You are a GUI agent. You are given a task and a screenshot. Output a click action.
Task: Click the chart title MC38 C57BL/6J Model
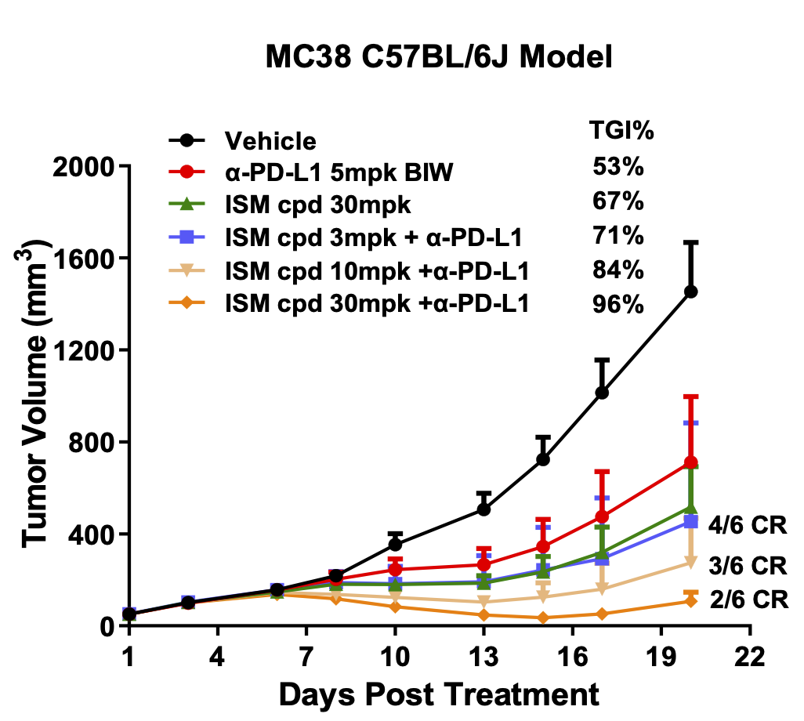[438, 57]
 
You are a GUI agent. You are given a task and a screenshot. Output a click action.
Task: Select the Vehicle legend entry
[270, 142]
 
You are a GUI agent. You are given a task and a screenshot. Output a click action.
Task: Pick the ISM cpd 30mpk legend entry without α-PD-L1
[318, 205]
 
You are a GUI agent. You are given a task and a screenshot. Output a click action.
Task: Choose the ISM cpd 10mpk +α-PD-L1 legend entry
[377, 270]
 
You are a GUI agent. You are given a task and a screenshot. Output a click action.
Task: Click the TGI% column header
[621, 131]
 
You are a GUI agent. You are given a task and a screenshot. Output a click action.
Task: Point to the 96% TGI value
[618, 303]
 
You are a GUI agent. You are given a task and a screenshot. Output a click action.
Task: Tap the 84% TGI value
[618, 270]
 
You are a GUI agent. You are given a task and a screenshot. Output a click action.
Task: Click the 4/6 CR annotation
[747, 524]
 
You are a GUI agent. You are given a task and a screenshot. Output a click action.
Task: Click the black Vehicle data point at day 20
[690, 292]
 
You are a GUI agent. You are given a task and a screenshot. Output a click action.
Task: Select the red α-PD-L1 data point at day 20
[690, 462]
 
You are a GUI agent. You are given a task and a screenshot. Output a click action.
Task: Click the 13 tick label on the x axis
[483, 657]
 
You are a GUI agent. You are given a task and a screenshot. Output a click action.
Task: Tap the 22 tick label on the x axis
[750, 657]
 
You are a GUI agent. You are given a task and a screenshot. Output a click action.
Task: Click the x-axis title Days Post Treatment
[439, 694]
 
